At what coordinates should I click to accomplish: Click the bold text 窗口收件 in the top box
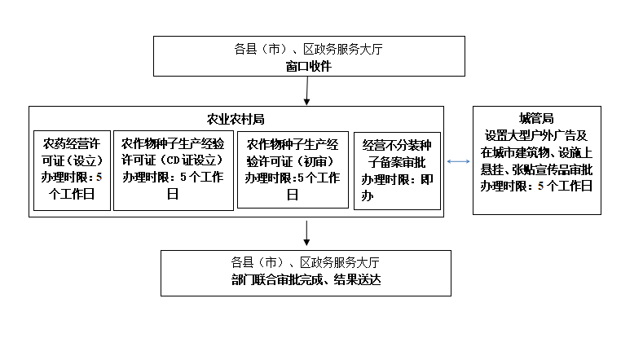[x=308, y=66]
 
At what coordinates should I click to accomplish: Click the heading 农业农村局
[x=236, y=119]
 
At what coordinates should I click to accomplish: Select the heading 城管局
[x=536, y=118]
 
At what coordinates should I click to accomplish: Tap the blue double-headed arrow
[x=458, y=161]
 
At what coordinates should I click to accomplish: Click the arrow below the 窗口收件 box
[x=306, y=90]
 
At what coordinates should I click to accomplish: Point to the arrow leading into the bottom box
[x=306, y=233]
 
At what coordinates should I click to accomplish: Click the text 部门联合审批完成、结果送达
[x=306, y=279]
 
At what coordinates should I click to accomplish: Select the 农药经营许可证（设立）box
[x=73, y=170]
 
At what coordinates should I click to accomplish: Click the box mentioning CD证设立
[x=174, y=170]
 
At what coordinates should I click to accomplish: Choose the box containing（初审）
[x=293, y=169]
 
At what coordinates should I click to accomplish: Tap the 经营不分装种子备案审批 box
[x=397, y=171]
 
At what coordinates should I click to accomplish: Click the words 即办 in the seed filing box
[x=397, y=188]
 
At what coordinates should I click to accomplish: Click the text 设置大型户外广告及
[x=536, y=136]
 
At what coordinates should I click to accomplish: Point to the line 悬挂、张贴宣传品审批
[x=536, y=169]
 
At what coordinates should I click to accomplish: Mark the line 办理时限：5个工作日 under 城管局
[x=536, y=187]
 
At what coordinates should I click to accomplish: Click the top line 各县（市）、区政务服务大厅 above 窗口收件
[x=308, y=49]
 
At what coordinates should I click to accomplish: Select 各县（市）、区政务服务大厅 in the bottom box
[x=306, y=262]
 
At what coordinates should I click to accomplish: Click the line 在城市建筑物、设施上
[x=536, y=152]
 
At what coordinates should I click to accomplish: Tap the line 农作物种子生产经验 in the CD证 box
[x=173, y=144]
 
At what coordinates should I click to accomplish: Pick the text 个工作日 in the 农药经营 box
[x=72, y=194]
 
